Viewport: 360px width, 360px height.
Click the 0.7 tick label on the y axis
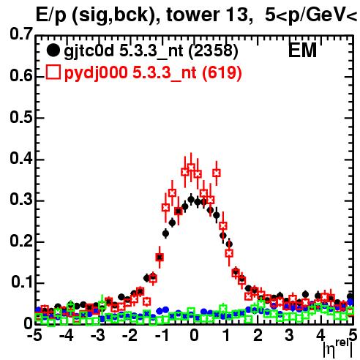click(21, 34)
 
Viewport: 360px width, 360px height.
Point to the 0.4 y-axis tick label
click(21, 158)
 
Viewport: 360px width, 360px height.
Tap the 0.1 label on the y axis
click(22, 282)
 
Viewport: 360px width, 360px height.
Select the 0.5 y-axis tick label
click(21, 117)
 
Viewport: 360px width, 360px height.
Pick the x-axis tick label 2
click(258, 335)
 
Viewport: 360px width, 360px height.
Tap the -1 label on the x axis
click(162, 335)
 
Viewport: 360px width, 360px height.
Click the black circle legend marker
click(53, 50)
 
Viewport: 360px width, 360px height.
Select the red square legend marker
click(53, 72)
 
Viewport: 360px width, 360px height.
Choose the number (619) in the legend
click(222, 73)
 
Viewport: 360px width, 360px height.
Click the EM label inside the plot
click(302, 50)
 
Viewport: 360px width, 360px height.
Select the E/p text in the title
click(51, 16)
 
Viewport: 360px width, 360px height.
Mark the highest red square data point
click(191, 168)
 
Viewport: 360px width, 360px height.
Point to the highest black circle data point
click(191, 200)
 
